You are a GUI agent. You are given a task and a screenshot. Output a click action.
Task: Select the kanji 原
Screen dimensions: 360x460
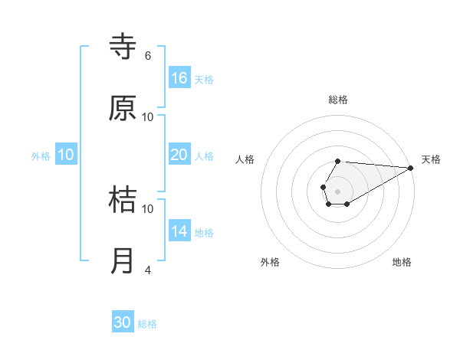[123, 109]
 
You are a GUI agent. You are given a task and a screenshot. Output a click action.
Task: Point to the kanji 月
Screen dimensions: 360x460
[123, 261]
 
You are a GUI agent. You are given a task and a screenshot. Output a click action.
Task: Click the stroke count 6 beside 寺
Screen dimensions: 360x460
[148, 56]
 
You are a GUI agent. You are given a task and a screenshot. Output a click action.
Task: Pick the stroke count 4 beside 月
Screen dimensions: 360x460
[148, 270]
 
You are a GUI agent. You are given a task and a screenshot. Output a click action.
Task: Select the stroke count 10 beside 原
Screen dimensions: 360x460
[148, 116]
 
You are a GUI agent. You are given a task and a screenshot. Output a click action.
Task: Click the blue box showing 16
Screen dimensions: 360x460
[179, 78]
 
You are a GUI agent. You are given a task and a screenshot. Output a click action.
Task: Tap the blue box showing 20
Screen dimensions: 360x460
[179, 155]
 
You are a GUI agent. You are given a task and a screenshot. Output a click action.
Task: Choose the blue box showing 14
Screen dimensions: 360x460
[179, 231]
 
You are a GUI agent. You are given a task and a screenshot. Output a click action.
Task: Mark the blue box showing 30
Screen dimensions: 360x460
[123, 322]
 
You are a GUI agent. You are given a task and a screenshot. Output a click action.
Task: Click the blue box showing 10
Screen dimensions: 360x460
[66, 155]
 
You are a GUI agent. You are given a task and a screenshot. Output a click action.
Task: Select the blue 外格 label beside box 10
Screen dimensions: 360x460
[41, 156]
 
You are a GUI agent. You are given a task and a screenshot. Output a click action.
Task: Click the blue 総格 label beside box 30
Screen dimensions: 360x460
[147, 324]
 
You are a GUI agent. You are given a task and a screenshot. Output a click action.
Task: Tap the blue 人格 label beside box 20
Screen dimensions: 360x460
[204, 156]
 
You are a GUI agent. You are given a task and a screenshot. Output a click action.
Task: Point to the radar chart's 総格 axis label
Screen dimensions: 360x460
[338, 100]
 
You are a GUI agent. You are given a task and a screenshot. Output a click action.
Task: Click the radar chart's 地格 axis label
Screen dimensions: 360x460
[402, 262]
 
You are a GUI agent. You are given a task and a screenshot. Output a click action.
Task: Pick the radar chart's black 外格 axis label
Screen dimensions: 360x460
[270, 262]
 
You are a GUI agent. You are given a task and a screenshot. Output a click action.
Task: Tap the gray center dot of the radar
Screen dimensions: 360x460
[337, 190]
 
